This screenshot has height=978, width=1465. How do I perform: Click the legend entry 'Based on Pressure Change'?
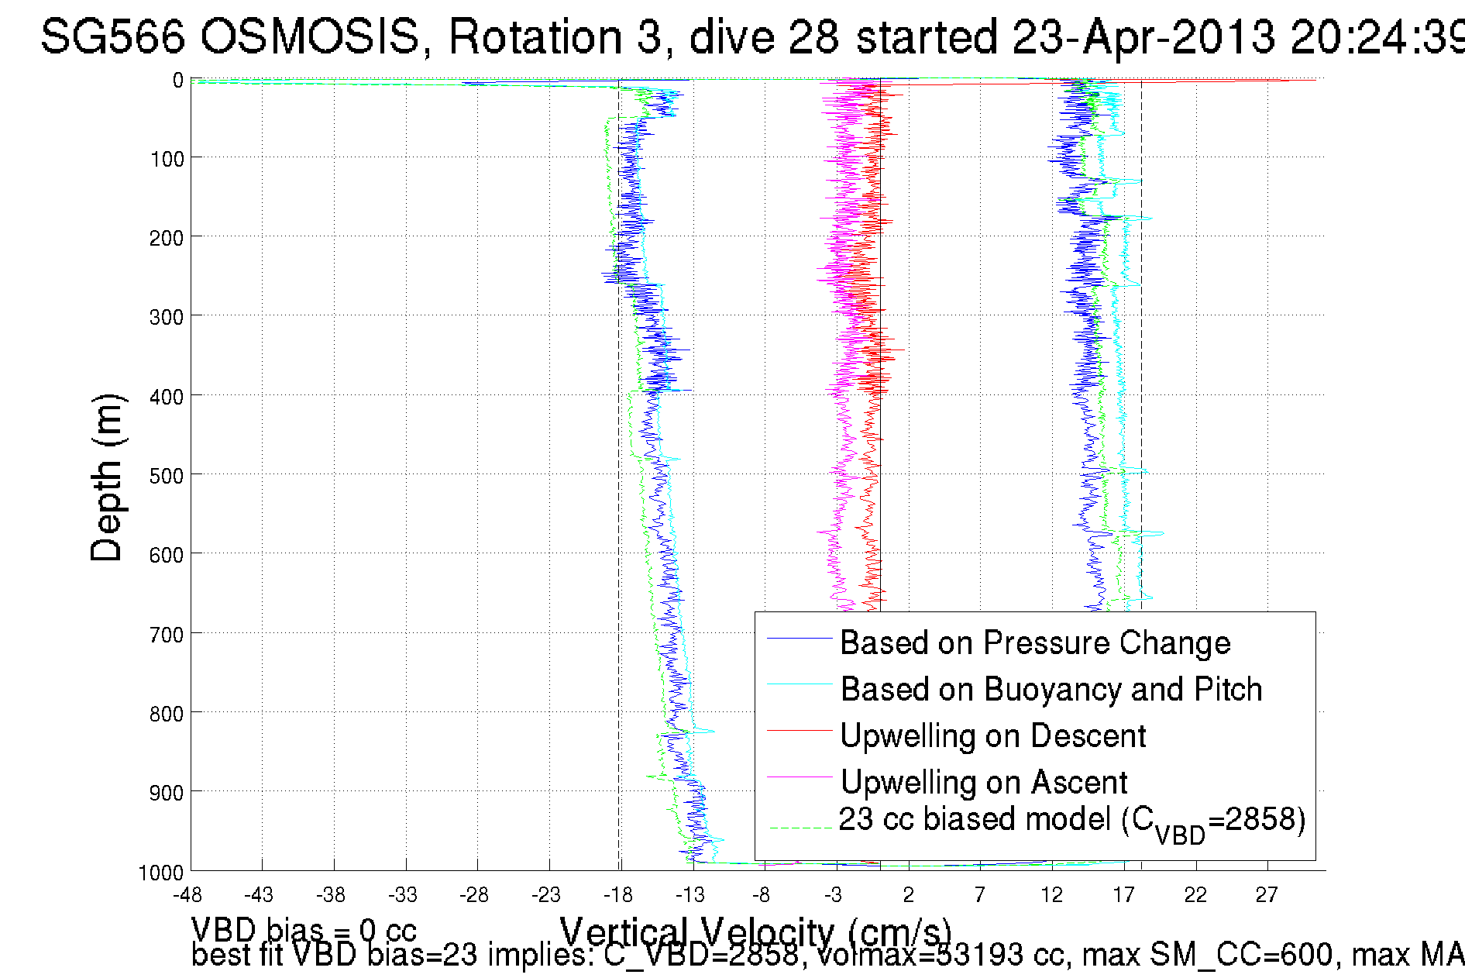(1035, 643)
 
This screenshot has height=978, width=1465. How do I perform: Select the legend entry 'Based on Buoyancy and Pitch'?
(1051, 690)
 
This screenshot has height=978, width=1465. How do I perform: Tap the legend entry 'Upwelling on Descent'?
(992, 736)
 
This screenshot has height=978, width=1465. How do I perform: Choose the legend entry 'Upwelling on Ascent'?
(984, 783)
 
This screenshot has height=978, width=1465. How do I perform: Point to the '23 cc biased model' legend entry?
(1072, 821)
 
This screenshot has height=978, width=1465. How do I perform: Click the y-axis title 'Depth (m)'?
(107, 477)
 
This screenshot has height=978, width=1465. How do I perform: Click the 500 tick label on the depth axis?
(167, 476)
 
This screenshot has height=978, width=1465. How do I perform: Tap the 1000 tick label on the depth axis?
(161, 873)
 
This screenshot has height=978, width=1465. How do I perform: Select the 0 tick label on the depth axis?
(178, 81)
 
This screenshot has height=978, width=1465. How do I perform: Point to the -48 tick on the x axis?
(187, 895)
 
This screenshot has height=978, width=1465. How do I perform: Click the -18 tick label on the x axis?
(618, 895)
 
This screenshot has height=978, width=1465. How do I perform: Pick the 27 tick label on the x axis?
(1266, 895)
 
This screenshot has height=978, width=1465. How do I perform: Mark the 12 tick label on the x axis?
(1051, 895)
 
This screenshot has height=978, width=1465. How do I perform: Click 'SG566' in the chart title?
(113, 37)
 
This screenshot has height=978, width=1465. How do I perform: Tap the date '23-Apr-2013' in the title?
(1143, 37)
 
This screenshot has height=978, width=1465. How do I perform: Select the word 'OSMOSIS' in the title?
(310, 37)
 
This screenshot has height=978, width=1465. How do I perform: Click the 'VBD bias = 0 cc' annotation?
(304, 930)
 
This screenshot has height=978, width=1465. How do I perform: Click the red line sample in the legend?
(798, 730)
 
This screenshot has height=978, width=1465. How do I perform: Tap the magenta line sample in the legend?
(798, 777)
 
